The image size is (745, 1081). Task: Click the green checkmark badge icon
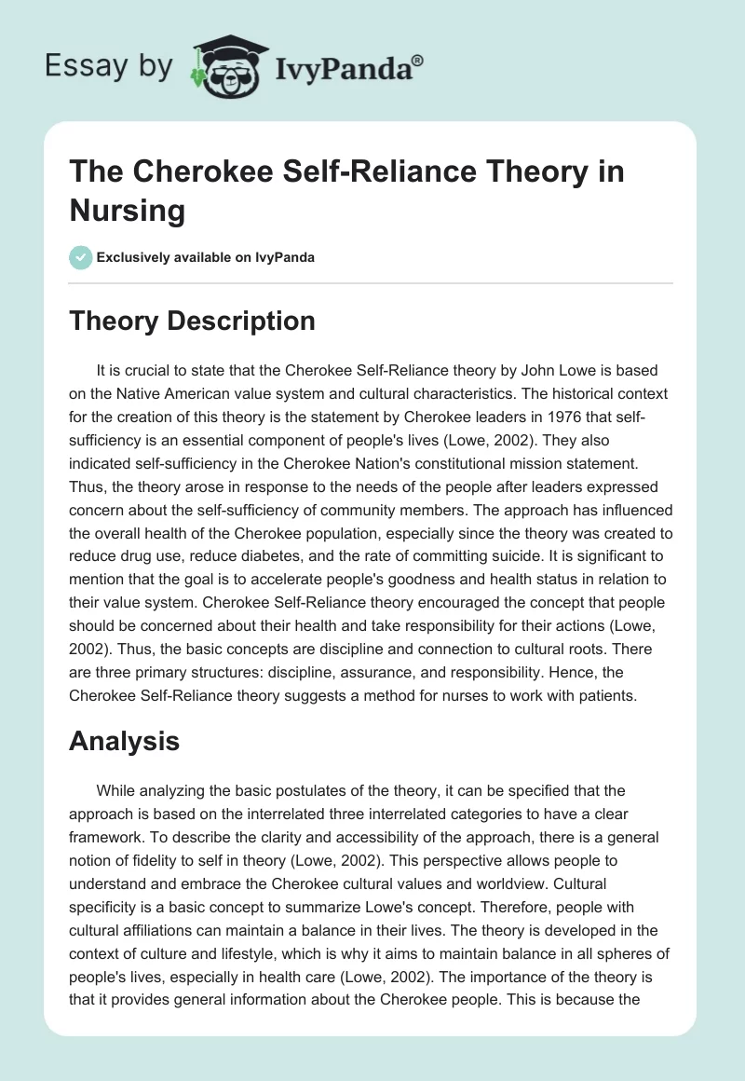click(x=81, y=257)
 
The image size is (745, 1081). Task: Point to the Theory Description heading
click(x=193, y=322)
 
